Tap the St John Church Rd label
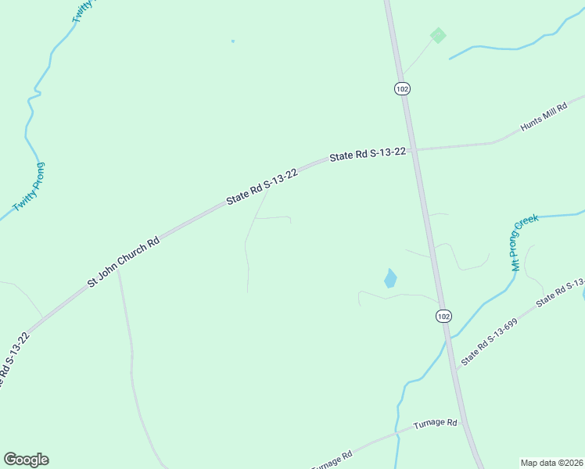(124, 261)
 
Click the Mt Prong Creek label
(526, 243)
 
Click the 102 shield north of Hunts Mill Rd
(402, 89)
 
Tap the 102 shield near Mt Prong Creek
(443, 316)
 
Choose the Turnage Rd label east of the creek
(435, 423)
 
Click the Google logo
(26, 460)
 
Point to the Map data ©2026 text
(551, 463)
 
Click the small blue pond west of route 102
(390, 278)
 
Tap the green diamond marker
(438, 35)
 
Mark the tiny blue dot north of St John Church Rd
(232, 41)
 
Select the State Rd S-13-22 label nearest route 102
(368, 155)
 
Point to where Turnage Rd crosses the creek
(397, 431)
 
